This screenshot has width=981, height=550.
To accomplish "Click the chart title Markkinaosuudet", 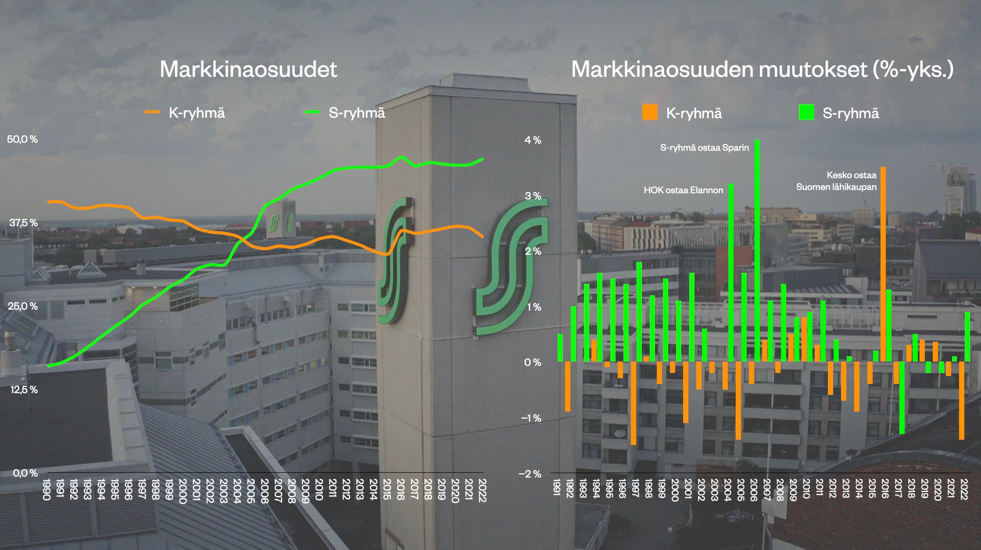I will [x=248, y=69].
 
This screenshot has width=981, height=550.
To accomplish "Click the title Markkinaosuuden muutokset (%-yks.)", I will [x=762, y=69].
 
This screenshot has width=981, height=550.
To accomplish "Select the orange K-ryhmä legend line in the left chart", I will [x=153, y=112].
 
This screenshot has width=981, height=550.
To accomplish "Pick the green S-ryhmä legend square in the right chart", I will [x=806, y=112].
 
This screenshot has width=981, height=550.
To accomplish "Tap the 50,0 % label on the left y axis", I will [x=22, y=140].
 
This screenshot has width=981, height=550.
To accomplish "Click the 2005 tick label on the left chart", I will [x=251, y=490].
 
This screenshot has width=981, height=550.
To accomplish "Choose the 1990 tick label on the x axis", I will [x=47, y=490].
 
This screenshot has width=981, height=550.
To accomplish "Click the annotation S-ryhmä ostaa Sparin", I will [x=704, y=148].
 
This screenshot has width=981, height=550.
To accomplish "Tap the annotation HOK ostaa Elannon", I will [x=683, y=190].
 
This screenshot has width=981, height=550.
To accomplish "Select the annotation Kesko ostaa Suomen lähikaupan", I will [x=837, y=181].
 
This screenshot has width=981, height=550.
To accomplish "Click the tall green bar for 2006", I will [x=757, y=250].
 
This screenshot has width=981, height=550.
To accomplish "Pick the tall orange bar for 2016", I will [x=883, y=264].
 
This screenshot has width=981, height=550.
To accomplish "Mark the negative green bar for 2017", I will [x=902, y=398].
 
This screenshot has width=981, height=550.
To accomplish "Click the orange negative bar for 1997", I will [x=634, y=403].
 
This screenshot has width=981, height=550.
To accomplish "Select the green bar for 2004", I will [x=731, y=272].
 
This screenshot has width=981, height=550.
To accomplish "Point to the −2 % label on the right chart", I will [x=530, y=474].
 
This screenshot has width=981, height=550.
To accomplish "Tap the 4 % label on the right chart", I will [x=533, y=140].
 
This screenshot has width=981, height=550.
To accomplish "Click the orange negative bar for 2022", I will [x=962, y=400].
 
